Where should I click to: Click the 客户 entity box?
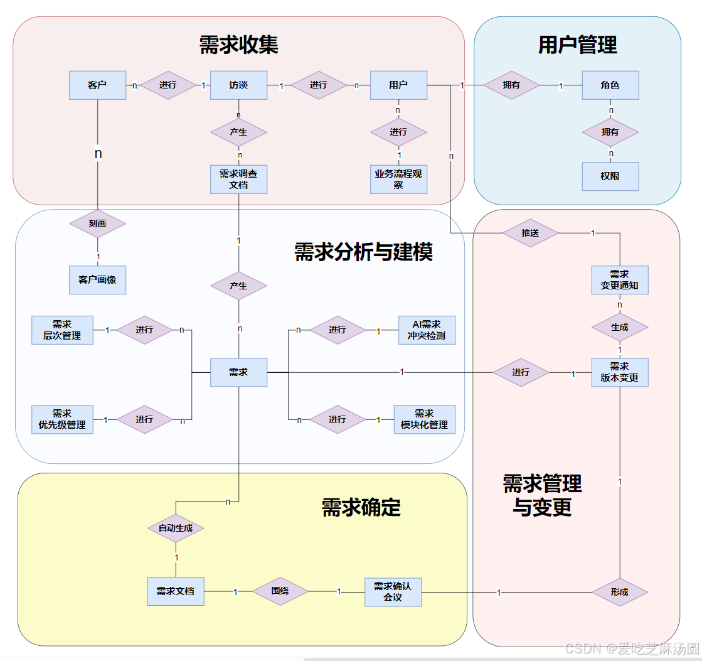pyautogui.click(x=97, y=85)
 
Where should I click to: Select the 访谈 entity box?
pyautogui.click(x=238, y=85)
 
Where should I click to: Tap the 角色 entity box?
pyautogui.click(x=610, y=85)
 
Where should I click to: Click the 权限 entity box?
pyautogui.click(x=610, y=176)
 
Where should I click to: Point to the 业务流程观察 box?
pyautogui.click(x=398, y=179)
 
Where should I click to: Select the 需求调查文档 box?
pyautogui.click(x=238, y=179)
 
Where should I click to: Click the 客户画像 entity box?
pyautogui.click(x=97, y=279)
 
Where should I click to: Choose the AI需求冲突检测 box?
pyautogui.click(x=427, y=330)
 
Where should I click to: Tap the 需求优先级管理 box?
pyautogui.click(x=62, y=419)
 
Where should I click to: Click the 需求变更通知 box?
pyautogui.click(x=619, y=280)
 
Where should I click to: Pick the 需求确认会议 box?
pyautogui.click(x=393, y=591)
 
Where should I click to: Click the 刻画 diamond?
pyautogui.click(x=97, y=223)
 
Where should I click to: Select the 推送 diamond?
pyautogui.click(x=530, y=233)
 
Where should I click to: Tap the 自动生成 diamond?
pyautogui.click(x=176, y=529)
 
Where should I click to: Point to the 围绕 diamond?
pyautogui.click(x=280, y=591)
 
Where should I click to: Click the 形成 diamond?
pyautogui.click(x=619, y=591)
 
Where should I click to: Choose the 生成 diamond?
pyautogui.click(x=619, y=327)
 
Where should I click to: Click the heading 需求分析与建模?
pyautogui.click(x=363, y=252)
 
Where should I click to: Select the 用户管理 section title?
pyautogui.click(x=577, y=45)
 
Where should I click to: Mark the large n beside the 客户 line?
pyautogui.click(x=98, y=153)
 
